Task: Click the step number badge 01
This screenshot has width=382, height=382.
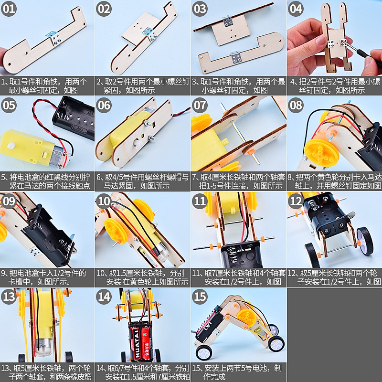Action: [9, 9]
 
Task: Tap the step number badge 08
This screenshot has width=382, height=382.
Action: [296, 105]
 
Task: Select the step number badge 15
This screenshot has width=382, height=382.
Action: [200, 297]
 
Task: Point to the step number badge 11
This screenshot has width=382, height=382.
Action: [200, 201]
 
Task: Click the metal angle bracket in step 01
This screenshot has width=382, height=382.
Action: [54, 37]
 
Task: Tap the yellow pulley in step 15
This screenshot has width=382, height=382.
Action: [246, 317]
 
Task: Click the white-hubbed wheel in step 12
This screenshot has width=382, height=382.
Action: [365, 241]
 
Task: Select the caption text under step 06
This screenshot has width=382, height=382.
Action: [143, 181]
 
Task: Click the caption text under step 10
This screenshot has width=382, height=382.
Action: [143, 277]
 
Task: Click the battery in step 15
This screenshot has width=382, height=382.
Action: [209, 324]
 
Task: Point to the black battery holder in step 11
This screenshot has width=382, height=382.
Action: [241, 254]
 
